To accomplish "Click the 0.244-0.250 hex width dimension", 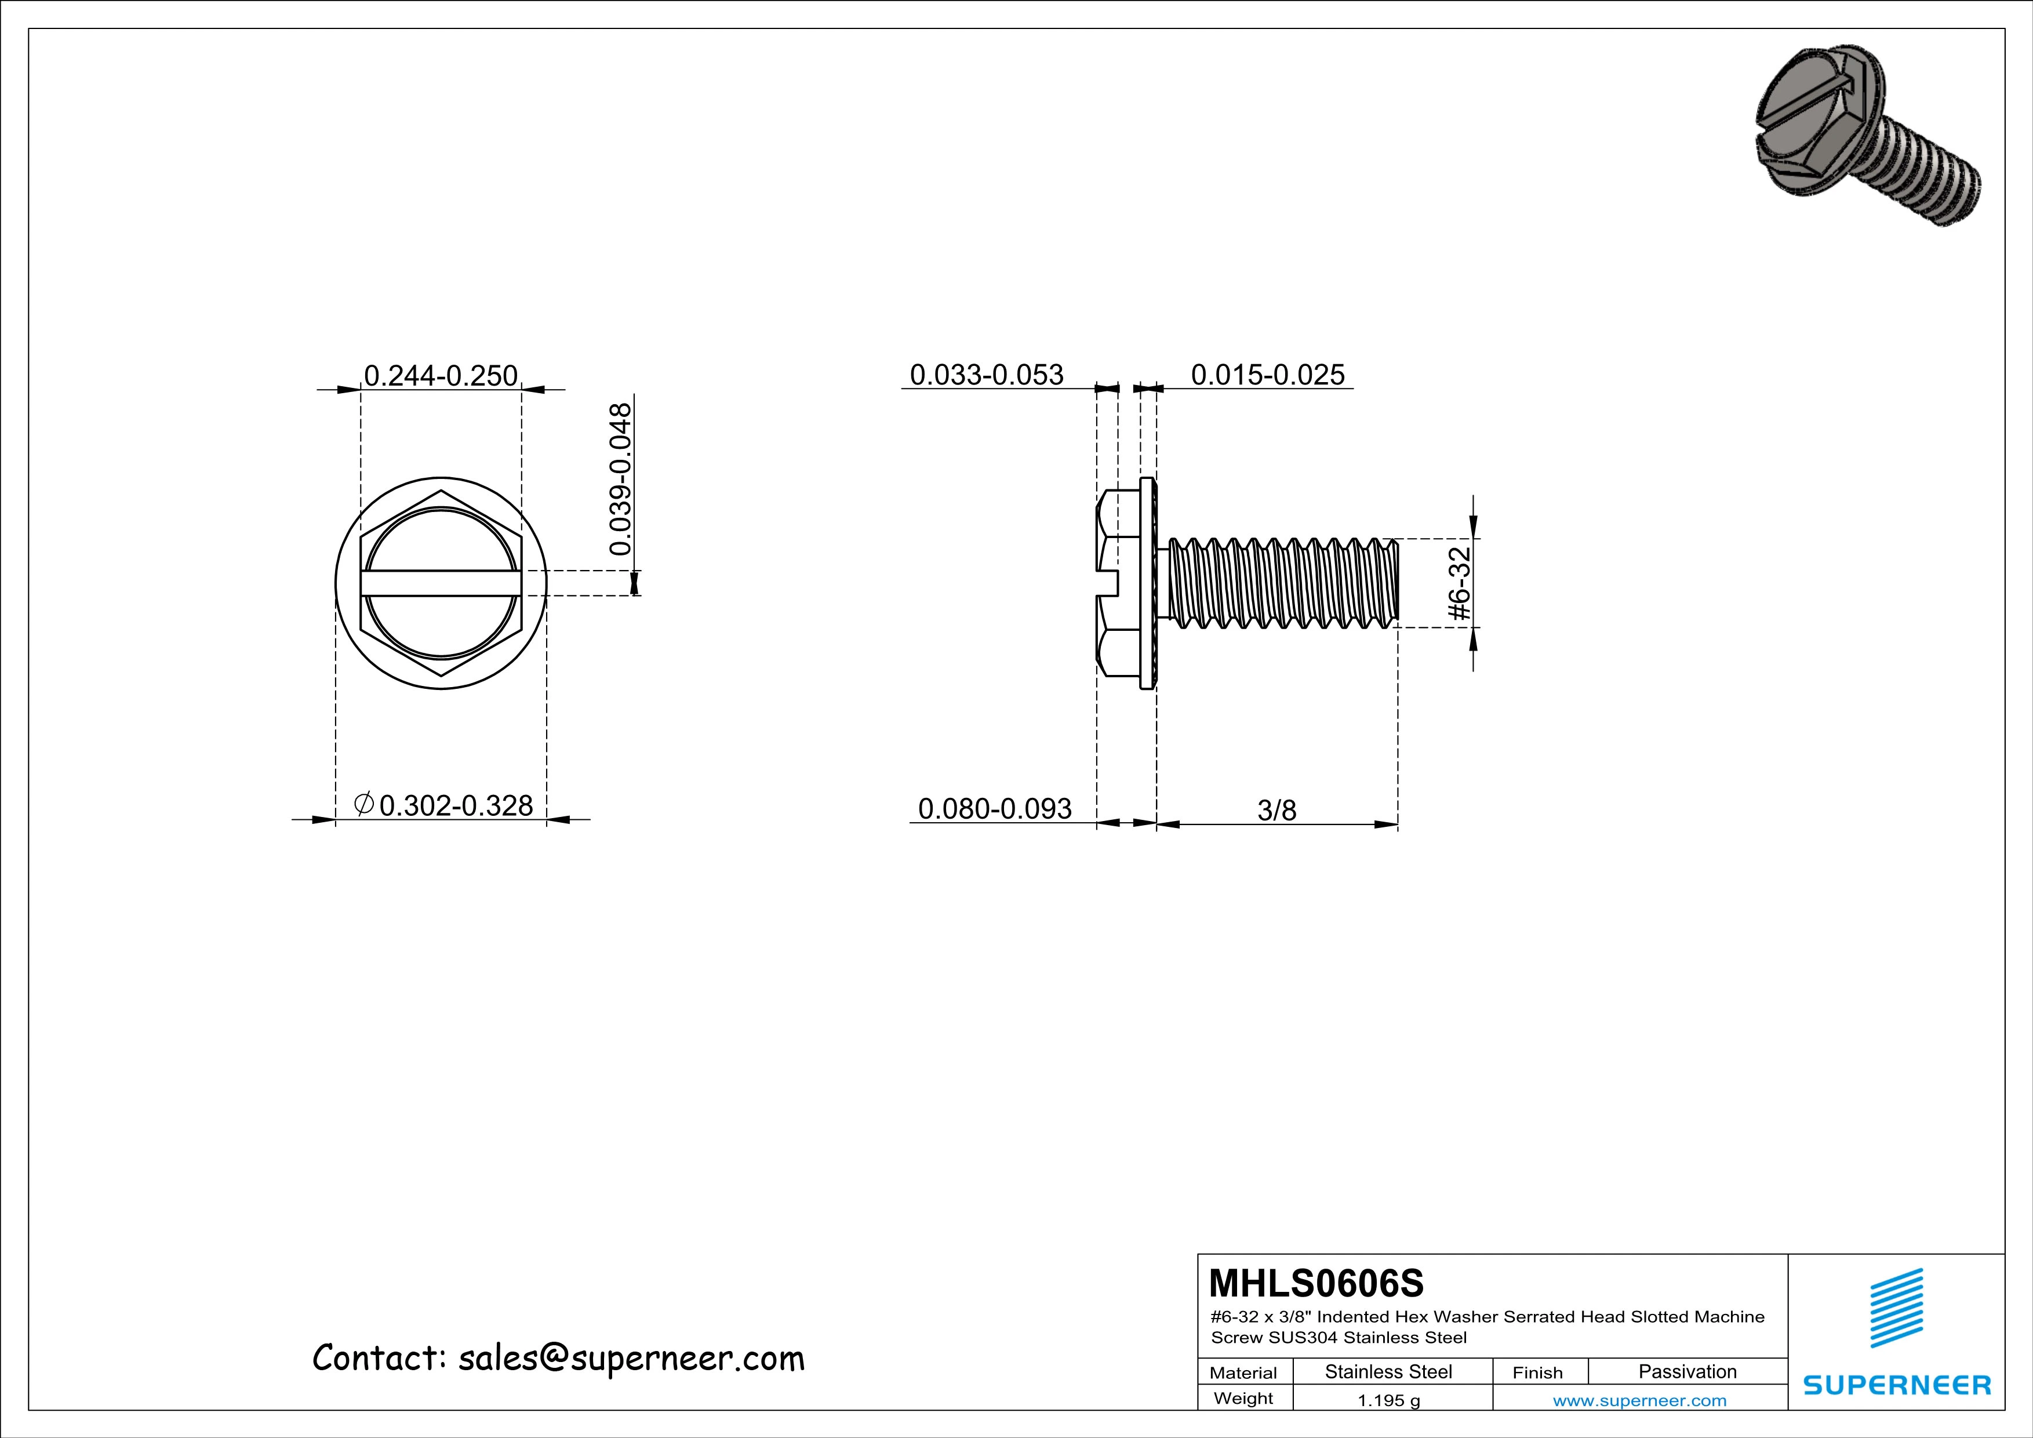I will (440, 375).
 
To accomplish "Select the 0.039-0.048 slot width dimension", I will (621, 479).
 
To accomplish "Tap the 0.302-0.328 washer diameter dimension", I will (455, 805).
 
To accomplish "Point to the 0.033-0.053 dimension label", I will (987, 375).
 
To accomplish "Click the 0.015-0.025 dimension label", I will (1267, 375).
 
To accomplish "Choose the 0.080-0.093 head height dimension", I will (994, 808).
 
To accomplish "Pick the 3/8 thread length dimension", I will (1276, 810).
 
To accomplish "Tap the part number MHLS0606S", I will (1316, 1282).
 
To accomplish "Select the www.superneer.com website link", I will (1639, 1400).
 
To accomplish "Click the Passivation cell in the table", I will (1687, 1371).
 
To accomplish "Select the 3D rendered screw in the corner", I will (1865, 147).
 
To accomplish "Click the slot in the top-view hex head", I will (440, 583).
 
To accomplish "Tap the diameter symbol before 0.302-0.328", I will (363, 804).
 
